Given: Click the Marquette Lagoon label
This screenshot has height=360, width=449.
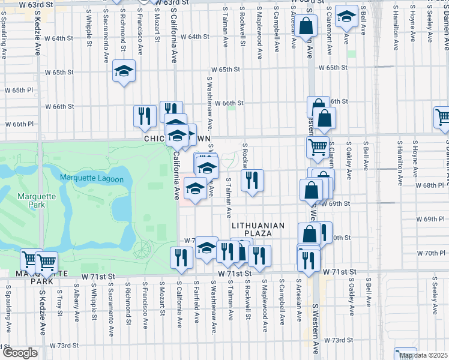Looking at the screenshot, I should point(92,178).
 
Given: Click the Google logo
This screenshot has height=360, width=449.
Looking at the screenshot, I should point(19,353).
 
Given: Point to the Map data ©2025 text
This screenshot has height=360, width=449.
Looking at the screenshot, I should point(424,356).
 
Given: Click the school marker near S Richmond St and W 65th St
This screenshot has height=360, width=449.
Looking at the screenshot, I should point(124,72).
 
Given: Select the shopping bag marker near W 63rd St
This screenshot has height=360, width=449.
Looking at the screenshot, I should point(306,26).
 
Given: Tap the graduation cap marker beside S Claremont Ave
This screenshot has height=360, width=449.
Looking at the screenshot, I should point(346,16).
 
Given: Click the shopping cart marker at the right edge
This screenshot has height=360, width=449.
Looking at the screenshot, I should point(442,118).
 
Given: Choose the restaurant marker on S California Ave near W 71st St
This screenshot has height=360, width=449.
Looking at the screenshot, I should point(181,257).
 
